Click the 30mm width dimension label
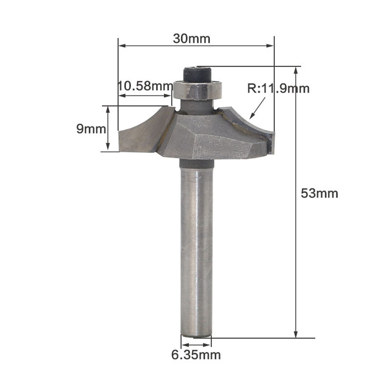pyautogui.click(x=191, y=39)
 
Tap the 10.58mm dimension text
pyautogui.click(x=145, y=86)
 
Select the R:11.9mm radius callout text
pyautogui.click(x=278, y=89)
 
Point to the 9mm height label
pyautogui.click(x=91, y=129)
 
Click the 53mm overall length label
pyautogui.click(x=319, y=193)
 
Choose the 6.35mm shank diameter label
pyautogui.click(x=196, y=355)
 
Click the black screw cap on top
pyautogui.click(x=197, y=75)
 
